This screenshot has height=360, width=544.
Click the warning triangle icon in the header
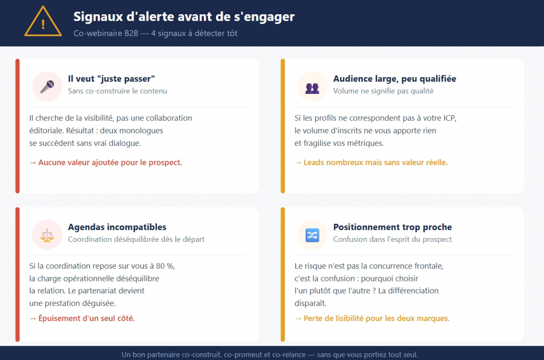(x=43, y=22)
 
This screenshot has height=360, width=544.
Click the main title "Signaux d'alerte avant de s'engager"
(x=184, y=17)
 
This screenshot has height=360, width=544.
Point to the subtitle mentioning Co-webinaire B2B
(x=155, y=33)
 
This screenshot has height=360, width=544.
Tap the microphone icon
(x=48, y=86)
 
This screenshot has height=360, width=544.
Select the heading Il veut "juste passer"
(x=111, y=79)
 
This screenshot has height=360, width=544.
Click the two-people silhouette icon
(x=312, y=86)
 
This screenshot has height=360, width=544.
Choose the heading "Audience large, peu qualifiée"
(x=395, y=79)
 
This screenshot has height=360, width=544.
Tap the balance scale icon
(x=48, y=234)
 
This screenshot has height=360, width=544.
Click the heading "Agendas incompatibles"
(x=117, y=227)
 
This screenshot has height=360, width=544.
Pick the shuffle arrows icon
(x=312, y=234)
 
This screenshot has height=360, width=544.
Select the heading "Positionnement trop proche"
(x=392, y=227)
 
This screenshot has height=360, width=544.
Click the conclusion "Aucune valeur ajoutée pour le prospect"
(x=106, y=163)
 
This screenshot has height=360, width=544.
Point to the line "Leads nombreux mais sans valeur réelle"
(x=371, y=163)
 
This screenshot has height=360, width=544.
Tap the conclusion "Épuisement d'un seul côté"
(x=82, y=318)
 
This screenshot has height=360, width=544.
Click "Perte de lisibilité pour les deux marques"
(x=372, y=318)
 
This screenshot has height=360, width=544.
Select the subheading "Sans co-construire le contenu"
(x=117, y=91)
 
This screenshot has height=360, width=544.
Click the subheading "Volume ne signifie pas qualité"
(x=383, y=91)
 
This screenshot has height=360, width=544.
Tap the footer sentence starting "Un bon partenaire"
(x=269, y=354)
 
